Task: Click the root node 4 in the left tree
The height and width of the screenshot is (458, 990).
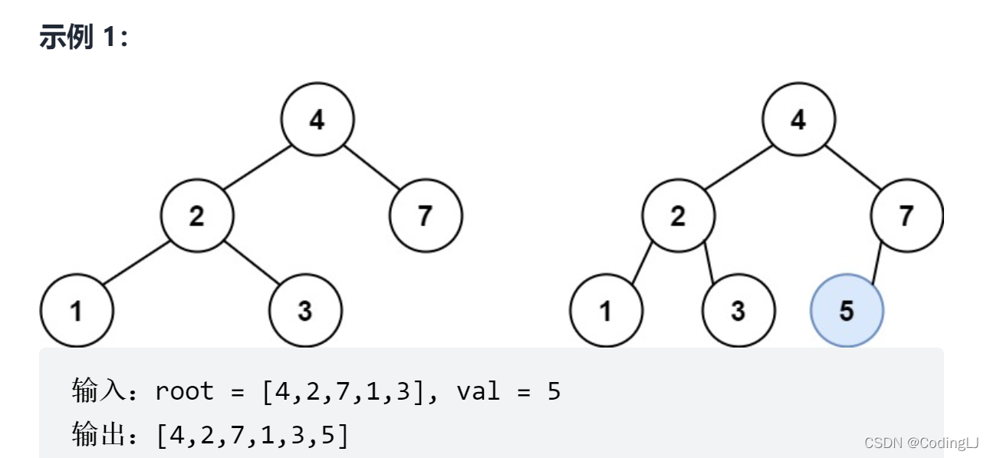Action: pyautogui.click(x=317, y=120)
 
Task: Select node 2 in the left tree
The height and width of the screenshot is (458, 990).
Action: pyautogui.click(x=197, y=216)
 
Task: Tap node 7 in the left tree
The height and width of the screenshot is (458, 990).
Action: pyautogui.click(x=426, y=216)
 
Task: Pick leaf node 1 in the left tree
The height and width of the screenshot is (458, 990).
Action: pyautogui.click(x=76, y=311)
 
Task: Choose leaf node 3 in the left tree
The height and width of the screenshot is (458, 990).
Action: pyautogui.click(x=305, y=311)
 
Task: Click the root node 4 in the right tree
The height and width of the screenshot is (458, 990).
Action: pyautogui.click(x=798, y=120)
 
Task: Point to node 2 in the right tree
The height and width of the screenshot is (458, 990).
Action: pyautogui.click(x=678, y=216)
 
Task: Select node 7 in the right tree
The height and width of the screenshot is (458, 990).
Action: pyautogui.click(x=906, y=216)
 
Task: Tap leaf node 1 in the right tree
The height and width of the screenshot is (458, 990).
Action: pyautogui.click(x=606, y=311)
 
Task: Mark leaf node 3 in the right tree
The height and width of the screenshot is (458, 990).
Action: pyautogui.click(x=738, y=311)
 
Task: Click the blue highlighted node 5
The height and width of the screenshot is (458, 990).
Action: pyautogui.click(x=847, y=311)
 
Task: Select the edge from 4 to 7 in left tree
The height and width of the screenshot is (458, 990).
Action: pyautogui.click(x=372, y=166)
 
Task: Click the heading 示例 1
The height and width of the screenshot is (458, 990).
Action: pyautogui.click(x=84, y=36)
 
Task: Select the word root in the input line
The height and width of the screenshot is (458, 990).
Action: pyautogui.click(x=184, y=392)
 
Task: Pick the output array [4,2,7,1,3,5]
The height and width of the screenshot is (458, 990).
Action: pyautogui.click(x=252, y=435)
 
